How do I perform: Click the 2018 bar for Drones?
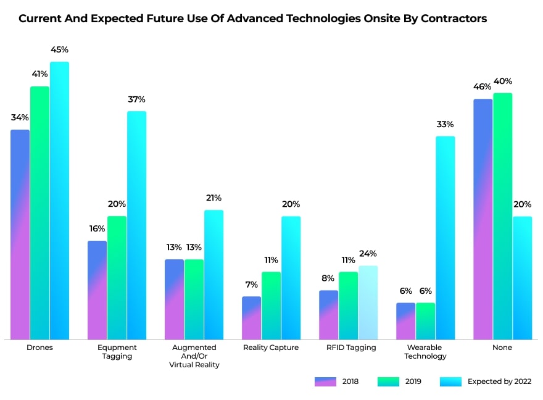pos(20,235)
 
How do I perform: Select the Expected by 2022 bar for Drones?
pos(59,201)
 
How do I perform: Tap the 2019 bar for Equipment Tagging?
pos(117,278)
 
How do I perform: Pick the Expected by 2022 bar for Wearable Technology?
pos(445,238)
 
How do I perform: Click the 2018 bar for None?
pos(483,219)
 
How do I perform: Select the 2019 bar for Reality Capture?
pos(271,306)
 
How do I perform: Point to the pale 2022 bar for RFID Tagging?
pos(368,302)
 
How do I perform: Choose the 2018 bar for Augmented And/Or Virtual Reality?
pos(174,299)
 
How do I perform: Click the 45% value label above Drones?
pos(59,49)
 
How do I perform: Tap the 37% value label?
pos(136,99)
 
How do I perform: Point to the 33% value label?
pos(445,124)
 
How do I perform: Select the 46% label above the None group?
pos(483,86)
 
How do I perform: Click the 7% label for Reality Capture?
pos(251,285)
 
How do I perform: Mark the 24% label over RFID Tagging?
pos(368,254)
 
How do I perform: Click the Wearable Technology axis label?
pos(426,352)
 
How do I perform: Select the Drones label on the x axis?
pos(39,348)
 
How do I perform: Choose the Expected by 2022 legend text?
pos(499,381)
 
